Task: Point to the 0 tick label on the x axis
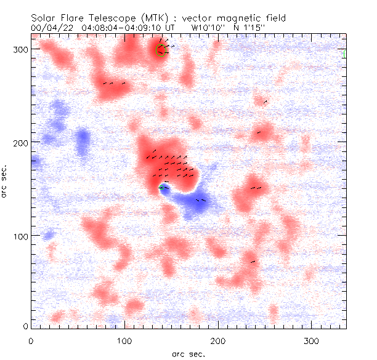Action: coord(31,340)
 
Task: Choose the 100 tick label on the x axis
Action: coord(124,340)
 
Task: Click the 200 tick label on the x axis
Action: coord(218,340)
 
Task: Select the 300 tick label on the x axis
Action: coord(312,340)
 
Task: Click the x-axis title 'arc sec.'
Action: coord(188,353)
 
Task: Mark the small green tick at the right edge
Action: coord(344,54)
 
